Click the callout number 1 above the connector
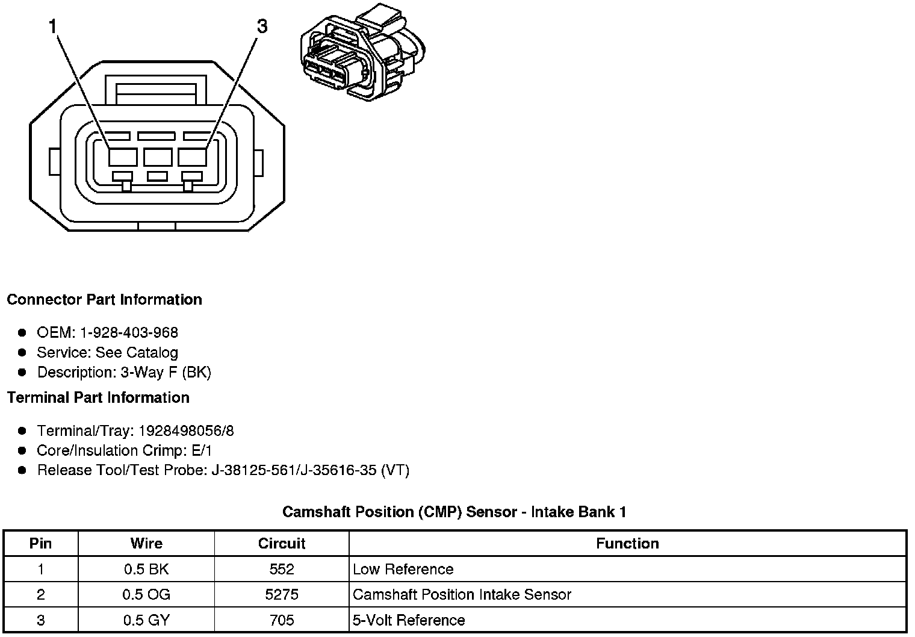point(53,26)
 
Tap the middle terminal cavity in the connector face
point(158,157)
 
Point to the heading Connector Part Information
point(104,300)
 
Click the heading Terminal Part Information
point(98,398)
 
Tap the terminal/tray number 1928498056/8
point(186,431)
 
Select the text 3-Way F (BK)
point(166,373)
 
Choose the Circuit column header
point(282,544)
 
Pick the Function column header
point(627,544)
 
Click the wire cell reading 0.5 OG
point(146,595)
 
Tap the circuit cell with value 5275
point(282,595)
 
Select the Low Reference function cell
point(403,570)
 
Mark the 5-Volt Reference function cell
point(409,620)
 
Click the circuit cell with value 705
point(282,620)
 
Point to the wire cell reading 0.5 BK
point(146,570)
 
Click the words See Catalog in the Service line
point(137,353)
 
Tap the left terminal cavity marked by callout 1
point(123,157)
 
